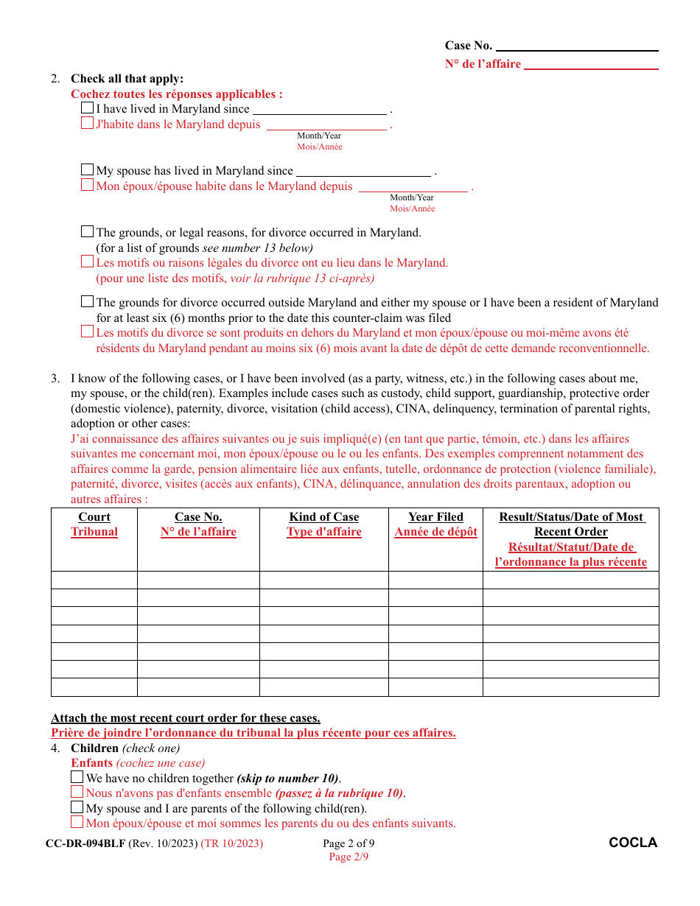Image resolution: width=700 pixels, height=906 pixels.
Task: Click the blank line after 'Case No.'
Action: pyautogui.click(x=577, y=46)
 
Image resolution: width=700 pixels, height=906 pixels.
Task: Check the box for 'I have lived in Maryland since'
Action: pyautogui.click(x=88, y=108)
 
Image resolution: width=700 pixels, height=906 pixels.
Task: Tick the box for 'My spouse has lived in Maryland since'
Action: pyautogui.click(x=88, y=170)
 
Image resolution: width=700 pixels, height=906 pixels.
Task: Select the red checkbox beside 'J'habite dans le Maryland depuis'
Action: pyautogui.click(x=88, y=124)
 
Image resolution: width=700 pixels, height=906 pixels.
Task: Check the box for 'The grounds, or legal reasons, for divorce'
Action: pyautogui.click(x=88, y=232)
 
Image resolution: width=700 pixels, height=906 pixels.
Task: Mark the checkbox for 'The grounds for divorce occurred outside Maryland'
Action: pyautogui.click(x=88, y=302)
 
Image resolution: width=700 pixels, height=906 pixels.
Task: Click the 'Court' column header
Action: pyautogui.click(x=94, y=517)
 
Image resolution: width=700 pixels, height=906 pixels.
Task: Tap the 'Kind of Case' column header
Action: pyautogui.click(x=323, y=517)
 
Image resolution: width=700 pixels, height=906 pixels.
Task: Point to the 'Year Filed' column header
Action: pyautogui.click(x=435, y=517)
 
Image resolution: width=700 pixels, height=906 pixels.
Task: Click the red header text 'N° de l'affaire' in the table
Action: pyautogui.click(x=198, y=532)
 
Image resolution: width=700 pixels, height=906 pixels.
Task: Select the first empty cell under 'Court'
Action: pyautogui.click(x=94, y=580)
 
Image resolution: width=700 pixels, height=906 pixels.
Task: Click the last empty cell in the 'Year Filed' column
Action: pyautogui.click(x=435, y=687)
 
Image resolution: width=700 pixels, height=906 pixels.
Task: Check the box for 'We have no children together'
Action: pyautogui.click(x=77, y=778)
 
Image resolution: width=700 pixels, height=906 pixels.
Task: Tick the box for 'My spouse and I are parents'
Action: pyautogui.click(x=77, y=808)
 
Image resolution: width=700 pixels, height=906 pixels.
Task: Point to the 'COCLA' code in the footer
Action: pyautogui.click(x=633, y=843)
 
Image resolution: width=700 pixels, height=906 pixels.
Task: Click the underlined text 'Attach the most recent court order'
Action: pyautogui.click(x=186, y=718)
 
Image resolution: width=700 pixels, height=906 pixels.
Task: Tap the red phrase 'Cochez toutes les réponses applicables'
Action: pyautogui.click(x=176, y=94)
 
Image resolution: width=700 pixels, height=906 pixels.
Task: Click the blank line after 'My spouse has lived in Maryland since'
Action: pyautogui.click(x=363, y=172)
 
